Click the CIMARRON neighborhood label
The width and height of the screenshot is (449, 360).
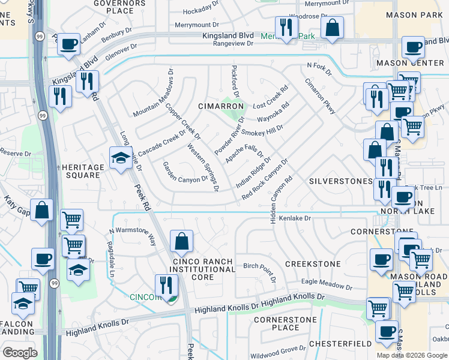(x=221, y=106)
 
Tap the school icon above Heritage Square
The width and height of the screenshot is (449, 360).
(x=121, y=158)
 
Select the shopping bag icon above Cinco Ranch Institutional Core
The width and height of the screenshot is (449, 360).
(x=181, y=241)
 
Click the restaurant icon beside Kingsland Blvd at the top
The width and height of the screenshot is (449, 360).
(x=286, y=26)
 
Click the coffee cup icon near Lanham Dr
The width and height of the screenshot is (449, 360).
(x=69, y=44)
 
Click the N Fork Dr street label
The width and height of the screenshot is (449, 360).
(x=319, y=69)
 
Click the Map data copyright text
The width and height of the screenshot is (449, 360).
(x=411, y=355)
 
